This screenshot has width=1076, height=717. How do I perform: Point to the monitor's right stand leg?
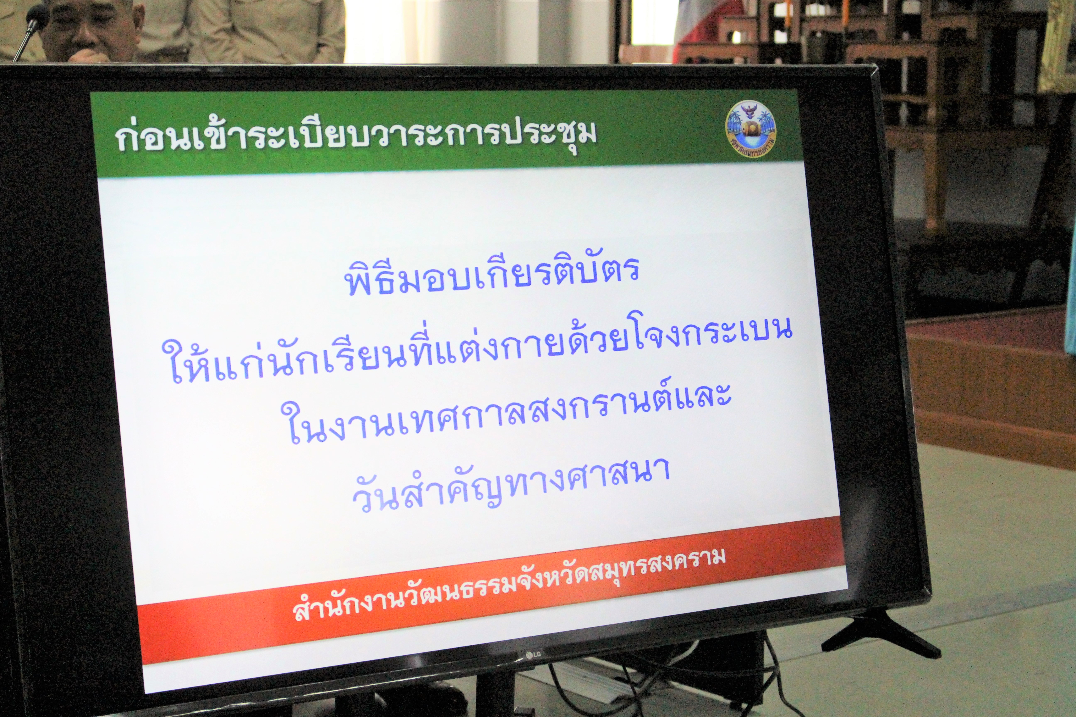tap(881, 633)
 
